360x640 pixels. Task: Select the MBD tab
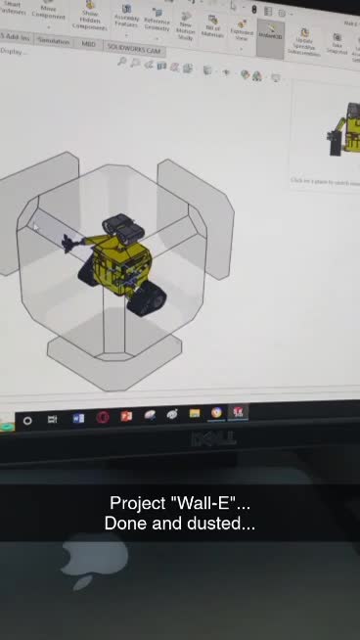(89, 43)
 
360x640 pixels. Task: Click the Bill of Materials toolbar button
(212, 26)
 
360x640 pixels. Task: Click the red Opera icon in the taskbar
(103, 418)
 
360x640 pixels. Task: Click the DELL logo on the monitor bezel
(212, 438)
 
